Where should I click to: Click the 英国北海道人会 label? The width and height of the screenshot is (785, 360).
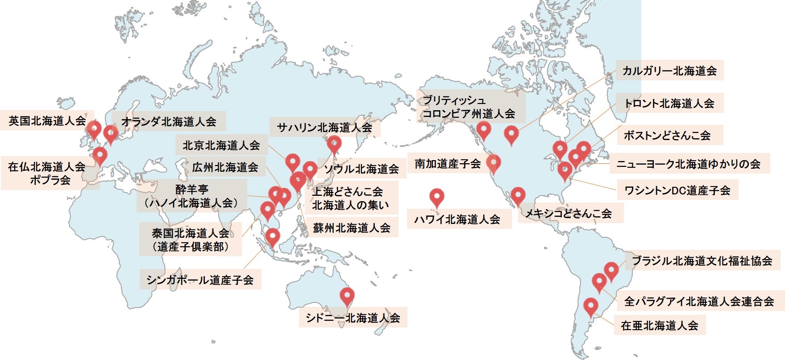click(47, 121)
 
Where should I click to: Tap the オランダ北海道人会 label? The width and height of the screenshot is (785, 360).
click(169, 121)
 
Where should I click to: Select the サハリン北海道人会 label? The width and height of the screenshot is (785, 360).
click(324, 128)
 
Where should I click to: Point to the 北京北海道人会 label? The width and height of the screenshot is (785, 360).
click(221, 145)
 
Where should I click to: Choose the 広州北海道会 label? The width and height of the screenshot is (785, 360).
click(225, 167)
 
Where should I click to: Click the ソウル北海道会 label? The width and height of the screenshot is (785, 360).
click(361, 169)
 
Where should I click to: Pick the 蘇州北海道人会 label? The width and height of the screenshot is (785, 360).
click(352, 228)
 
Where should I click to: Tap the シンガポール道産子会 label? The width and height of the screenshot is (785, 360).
click(200, 280)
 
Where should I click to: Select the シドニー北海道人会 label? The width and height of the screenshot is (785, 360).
click(353, 318)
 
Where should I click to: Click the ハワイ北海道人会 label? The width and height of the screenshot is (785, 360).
click(457, 219)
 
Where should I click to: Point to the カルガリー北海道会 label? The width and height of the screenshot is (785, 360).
click(669, 70)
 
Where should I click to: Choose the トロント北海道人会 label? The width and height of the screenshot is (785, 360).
click(669, 103)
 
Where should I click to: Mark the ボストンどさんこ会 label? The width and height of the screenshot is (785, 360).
click(667, 135)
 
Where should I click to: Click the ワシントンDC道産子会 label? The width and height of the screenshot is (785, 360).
click(677, 190)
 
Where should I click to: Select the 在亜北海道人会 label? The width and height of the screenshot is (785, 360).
click(659, 325)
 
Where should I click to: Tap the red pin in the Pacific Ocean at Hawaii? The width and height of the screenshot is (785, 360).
click(437, 196)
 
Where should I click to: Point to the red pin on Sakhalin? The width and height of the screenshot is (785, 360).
click(334, 143)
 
